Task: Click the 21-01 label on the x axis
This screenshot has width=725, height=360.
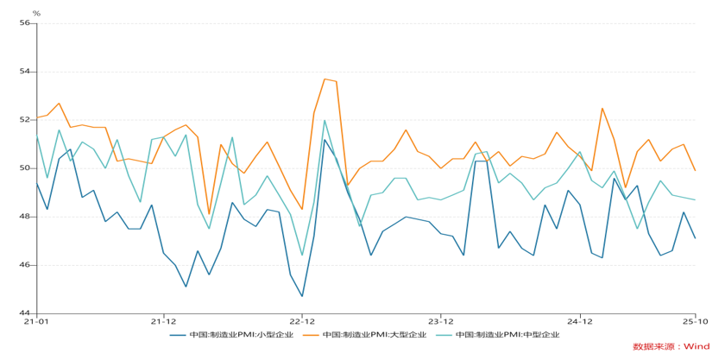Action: (35, 321)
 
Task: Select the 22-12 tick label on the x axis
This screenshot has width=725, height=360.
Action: (302, 321)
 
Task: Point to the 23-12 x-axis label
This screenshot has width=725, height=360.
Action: (441, 321)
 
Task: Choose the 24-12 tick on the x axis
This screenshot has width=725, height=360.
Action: (580, 321)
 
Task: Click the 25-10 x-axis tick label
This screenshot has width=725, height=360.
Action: (696, 321)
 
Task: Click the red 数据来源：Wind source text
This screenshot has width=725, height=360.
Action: (671, 346)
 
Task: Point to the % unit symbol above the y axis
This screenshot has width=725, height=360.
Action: (35, 13)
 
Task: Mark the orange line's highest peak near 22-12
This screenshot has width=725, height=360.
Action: (325, 79)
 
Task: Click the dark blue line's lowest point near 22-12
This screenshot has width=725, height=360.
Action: (302, 296)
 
